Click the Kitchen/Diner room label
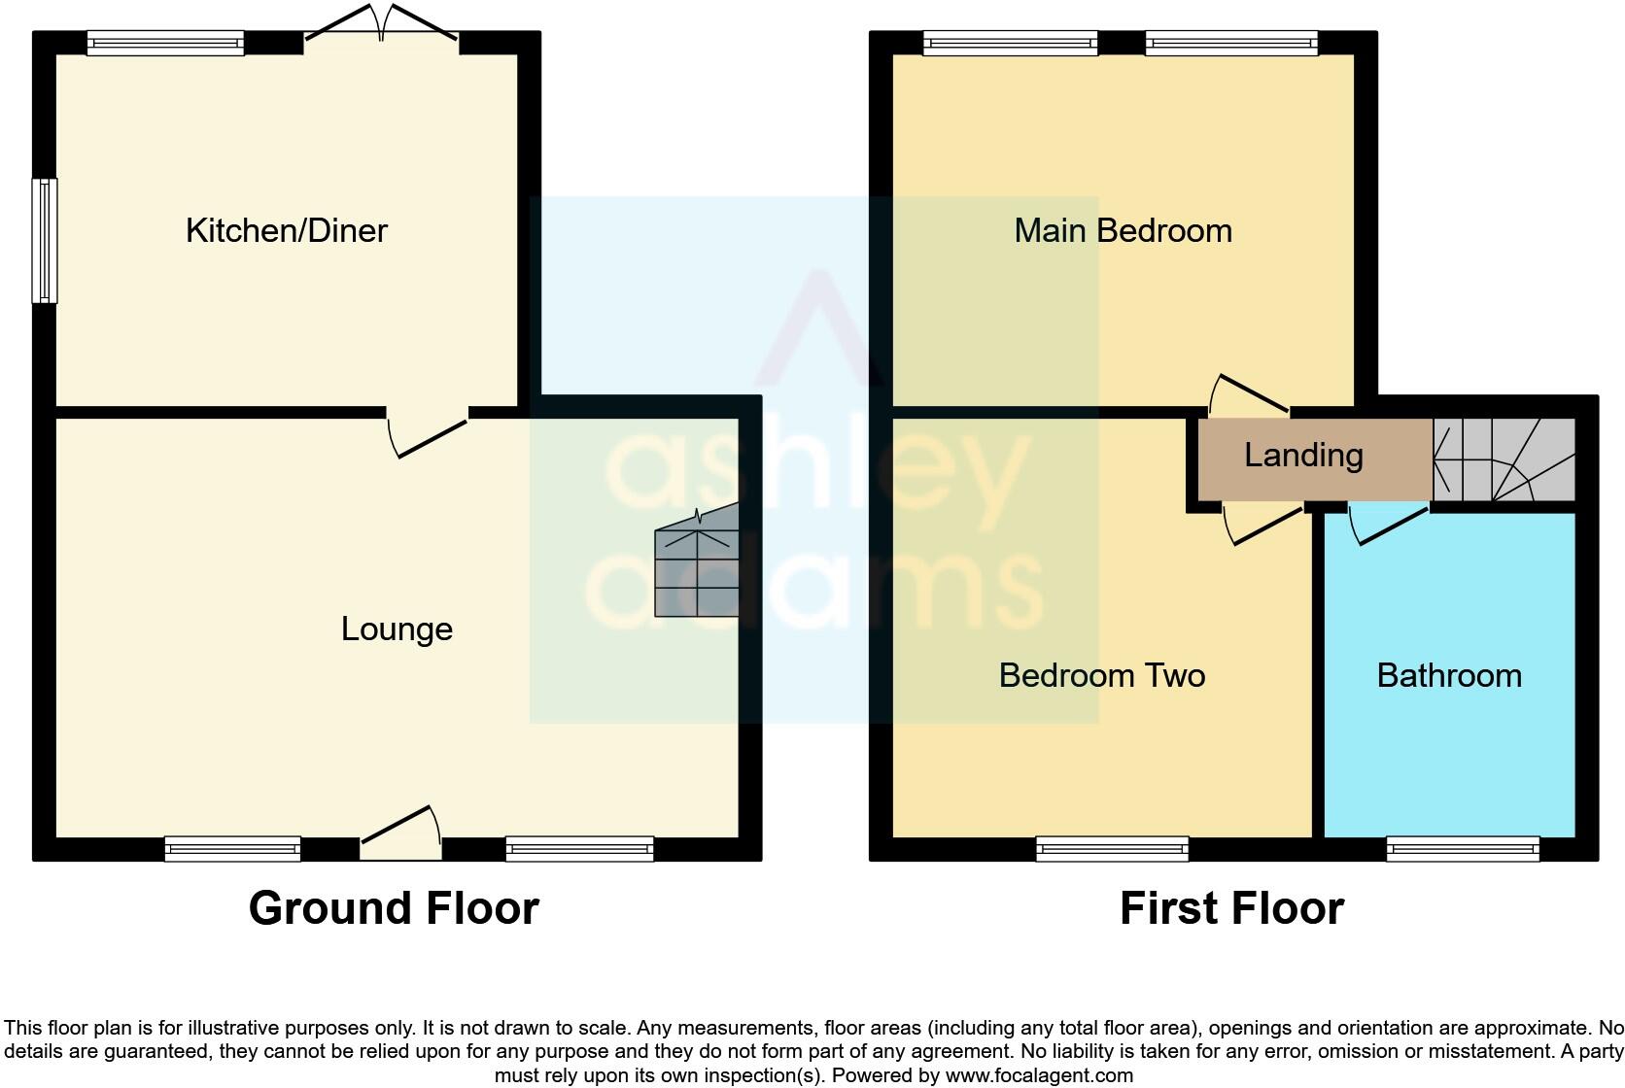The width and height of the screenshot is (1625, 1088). (287, 231)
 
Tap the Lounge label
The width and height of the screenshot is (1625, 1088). (397, 629)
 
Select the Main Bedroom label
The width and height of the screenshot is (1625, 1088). (1123, 231)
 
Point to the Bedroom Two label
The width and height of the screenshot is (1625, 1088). (1102, 676)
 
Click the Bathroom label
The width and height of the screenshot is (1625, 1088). (1449, 676)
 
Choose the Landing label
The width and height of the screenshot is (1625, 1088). (1303, 456)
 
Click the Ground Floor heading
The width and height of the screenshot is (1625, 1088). (394, 909)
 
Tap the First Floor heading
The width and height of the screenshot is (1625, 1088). (1231, 909)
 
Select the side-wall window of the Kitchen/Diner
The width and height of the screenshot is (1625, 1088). (45, 240)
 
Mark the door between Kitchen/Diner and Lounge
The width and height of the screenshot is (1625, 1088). (428, 432)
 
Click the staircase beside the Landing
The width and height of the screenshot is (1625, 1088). (1504, 459)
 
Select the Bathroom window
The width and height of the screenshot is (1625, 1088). (1463, 849)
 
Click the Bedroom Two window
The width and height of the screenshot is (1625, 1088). (1113, 849)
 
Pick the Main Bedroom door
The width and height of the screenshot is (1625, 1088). (1250, 394)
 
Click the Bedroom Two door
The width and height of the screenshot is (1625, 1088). (1262, 524)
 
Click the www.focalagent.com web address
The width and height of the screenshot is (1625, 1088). (1039, 1075)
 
